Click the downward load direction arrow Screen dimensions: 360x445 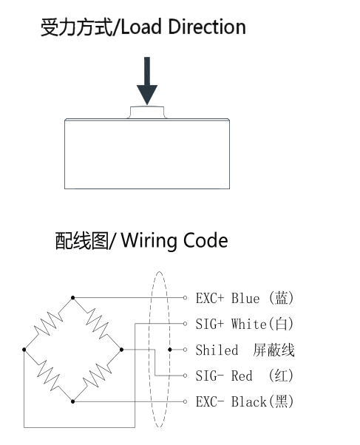(x=147, y=81)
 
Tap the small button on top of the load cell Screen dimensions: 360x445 (x=147, y=112)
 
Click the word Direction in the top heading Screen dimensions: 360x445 (x=207, y=27)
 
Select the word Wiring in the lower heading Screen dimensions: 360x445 (x=151, y=242)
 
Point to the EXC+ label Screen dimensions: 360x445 (x=210, y=299)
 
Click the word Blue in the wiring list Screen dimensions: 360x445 (x=245, y=299)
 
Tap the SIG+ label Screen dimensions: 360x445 (x=210, y=324)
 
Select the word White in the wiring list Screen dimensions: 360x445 (x=249, y=324)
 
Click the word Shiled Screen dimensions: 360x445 (x=217, y=350)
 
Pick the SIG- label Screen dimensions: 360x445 (x=210, y=376)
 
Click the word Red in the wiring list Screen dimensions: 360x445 (x=242, y=376)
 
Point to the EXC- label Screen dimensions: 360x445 (x=210, y=402)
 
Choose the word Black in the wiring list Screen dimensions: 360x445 (x=249, y=402)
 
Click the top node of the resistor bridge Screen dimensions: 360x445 (x=73, y=298)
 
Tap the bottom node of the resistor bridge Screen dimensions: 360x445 (x=73, y=401)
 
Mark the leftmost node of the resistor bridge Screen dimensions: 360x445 (x=24, y=350)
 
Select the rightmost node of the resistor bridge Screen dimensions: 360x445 (x=121, y=350)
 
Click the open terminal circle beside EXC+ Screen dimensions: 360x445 (x=185, y=298)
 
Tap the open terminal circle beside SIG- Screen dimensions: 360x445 (x=185, y=376)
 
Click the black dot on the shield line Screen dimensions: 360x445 (x=170, y=350)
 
